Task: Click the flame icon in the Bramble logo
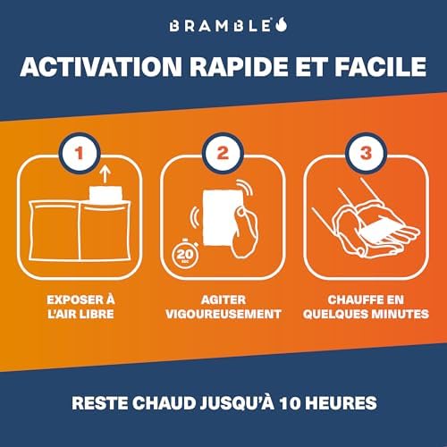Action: [x=281, y=24]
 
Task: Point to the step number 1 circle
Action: [x=80, y=153]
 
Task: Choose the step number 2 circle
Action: [x=223, y=153]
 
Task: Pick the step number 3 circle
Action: [x=366, y=153]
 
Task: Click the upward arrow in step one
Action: [x=105, y=174]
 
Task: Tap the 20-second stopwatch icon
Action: [x=185, y=253]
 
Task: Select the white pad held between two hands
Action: [x=378, y=229]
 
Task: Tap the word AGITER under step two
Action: [x=223, y=299]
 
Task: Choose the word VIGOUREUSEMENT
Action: [x=223, y=314]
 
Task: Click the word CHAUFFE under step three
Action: [x=352, y=299]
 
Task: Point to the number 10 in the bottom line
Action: [x=290, y=403]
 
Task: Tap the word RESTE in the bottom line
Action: [x=100, y=403]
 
